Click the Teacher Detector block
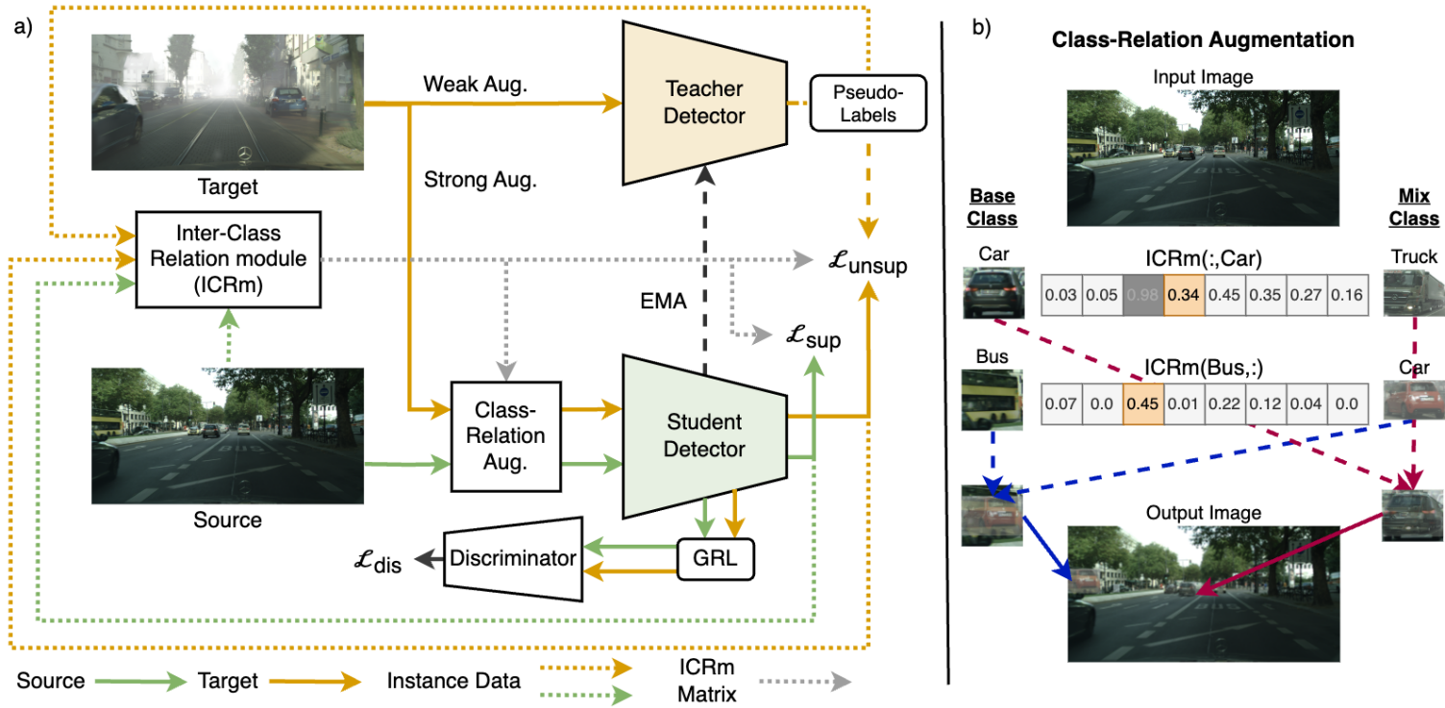point(705,102)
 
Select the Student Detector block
point(705,434)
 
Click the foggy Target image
point(227,102)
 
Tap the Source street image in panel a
point(227,435)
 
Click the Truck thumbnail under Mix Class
point(1412,291)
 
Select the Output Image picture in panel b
point(1203,593)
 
